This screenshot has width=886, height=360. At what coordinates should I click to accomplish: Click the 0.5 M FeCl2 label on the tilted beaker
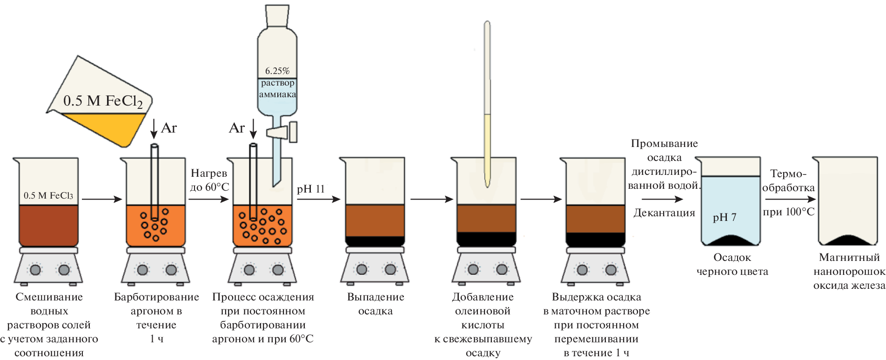103,101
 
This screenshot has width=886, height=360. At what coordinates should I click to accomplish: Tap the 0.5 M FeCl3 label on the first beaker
48,196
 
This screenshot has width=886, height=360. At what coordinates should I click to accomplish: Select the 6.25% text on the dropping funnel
277,71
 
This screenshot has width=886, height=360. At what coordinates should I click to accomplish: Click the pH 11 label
310,189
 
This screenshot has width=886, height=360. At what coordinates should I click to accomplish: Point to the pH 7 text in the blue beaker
725,217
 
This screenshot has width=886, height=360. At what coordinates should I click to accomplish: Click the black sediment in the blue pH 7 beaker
731,240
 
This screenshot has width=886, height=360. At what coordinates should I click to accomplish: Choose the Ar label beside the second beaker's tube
169,128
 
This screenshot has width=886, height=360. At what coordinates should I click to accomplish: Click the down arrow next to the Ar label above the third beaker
253,129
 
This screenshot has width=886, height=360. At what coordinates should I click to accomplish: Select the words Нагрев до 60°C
209,180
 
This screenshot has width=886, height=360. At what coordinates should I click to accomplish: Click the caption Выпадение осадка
376,304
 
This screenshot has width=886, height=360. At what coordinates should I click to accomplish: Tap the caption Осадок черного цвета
732,264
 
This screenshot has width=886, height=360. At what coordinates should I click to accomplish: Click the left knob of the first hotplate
35,269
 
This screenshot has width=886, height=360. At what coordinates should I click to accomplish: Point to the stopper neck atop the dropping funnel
277,16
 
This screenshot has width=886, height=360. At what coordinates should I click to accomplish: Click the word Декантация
664,213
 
